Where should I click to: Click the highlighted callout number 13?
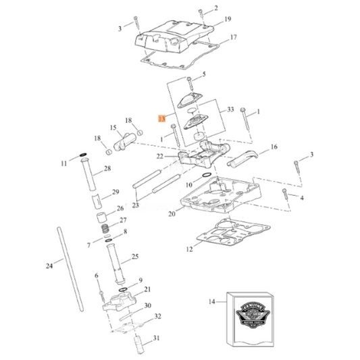(162, 118)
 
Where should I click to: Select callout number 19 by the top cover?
(228, 19)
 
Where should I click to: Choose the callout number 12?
(189, 249)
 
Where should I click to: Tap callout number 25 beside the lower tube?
(134, 257)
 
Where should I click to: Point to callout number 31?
(157, 338)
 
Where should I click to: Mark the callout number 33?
(230, 109)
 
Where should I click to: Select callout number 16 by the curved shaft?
(274, 147)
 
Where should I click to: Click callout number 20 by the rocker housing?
(172, 213)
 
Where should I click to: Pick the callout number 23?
(136, 206)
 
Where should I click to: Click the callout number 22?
(159, 156)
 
